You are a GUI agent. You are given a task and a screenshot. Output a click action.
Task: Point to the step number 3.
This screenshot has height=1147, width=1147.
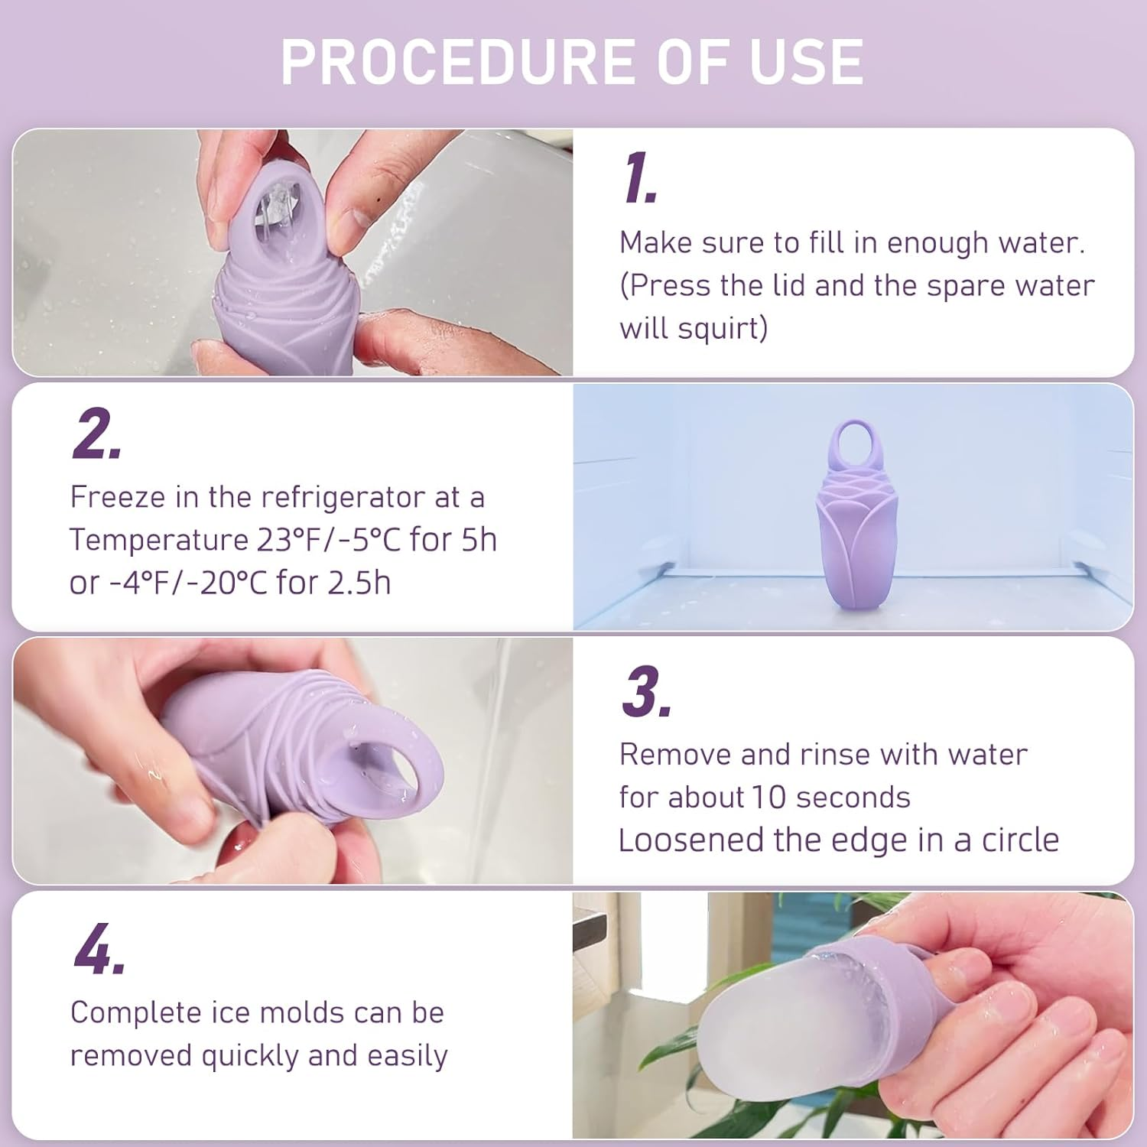645,691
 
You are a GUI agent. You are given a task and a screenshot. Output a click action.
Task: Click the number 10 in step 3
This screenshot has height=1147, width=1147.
768,798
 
